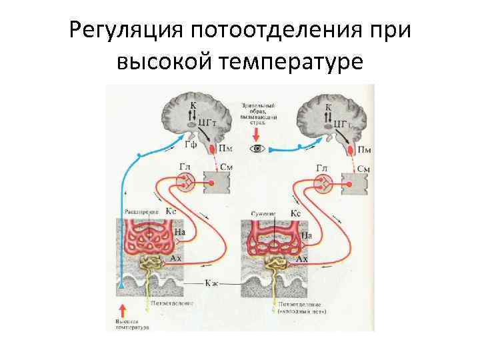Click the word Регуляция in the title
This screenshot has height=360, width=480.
[126, 31]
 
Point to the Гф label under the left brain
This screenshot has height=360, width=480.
[189, 144]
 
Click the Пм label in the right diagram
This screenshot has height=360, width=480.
[365, 149]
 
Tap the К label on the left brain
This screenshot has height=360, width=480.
[193, 105]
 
